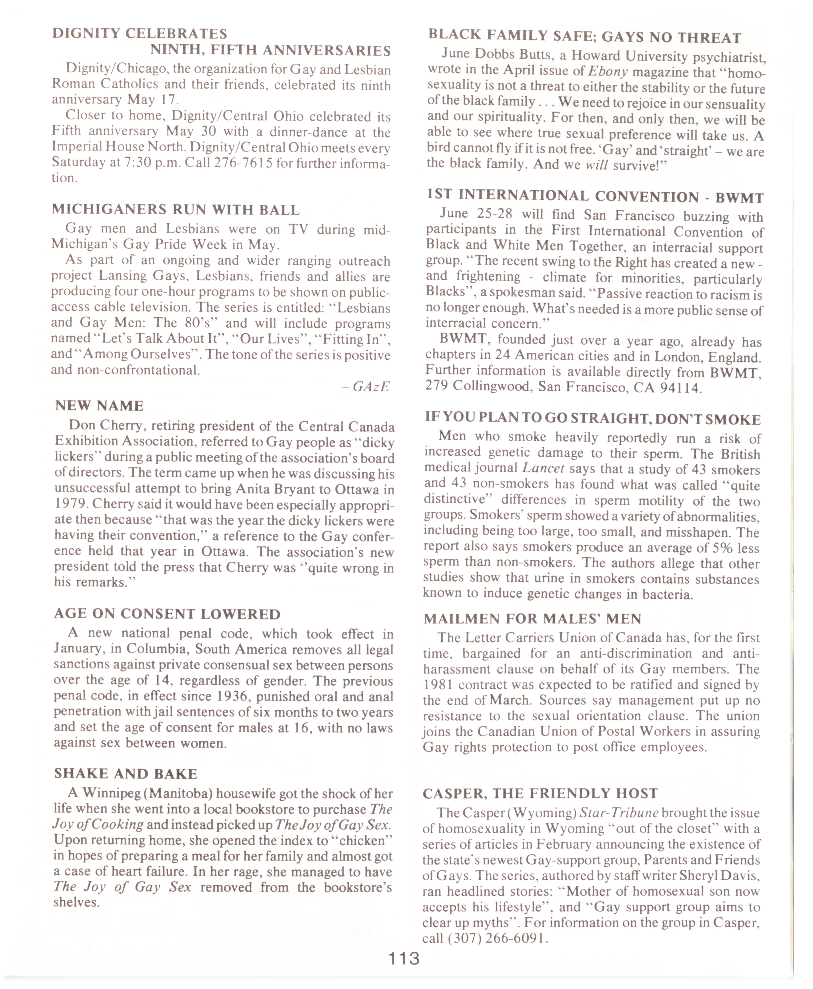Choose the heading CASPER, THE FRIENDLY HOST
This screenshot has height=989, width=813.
tap(540, 793)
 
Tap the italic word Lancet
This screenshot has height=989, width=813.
tap(543, 468)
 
